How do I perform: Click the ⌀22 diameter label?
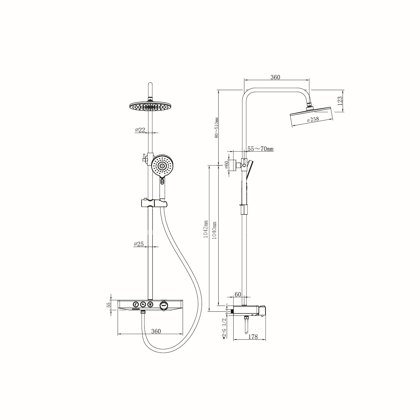point(140,130)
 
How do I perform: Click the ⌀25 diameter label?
point(139,244)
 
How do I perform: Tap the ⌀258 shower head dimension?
point(313,119)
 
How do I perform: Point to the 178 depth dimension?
point(253,337)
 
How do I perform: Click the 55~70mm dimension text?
point(260,149)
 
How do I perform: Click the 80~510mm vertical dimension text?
point(216,128)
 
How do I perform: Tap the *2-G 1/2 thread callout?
point(224,329)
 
